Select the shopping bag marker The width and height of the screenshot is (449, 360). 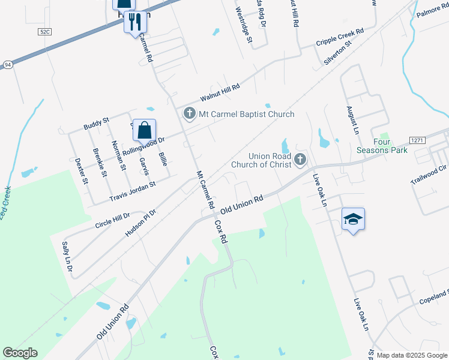pos(145,130)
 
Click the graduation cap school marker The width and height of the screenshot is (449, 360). pos(353,219)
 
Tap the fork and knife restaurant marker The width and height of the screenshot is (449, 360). pos(135,22)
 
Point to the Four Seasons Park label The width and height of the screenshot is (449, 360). pos(382,146)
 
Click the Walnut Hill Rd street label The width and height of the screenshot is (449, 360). pos(220,92)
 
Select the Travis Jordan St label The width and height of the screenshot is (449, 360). pos(132,191)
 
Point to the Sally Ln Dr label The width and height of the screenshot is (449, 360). pos(67,257)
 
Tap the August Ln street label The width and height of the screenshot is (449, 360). pos(352,121)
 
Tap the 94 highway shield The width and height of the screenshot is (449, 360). pos(7,64)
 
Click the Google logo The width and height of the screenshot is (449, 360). pos(20,353)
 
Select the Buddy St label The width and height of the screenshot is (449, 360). pos(96,124)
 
